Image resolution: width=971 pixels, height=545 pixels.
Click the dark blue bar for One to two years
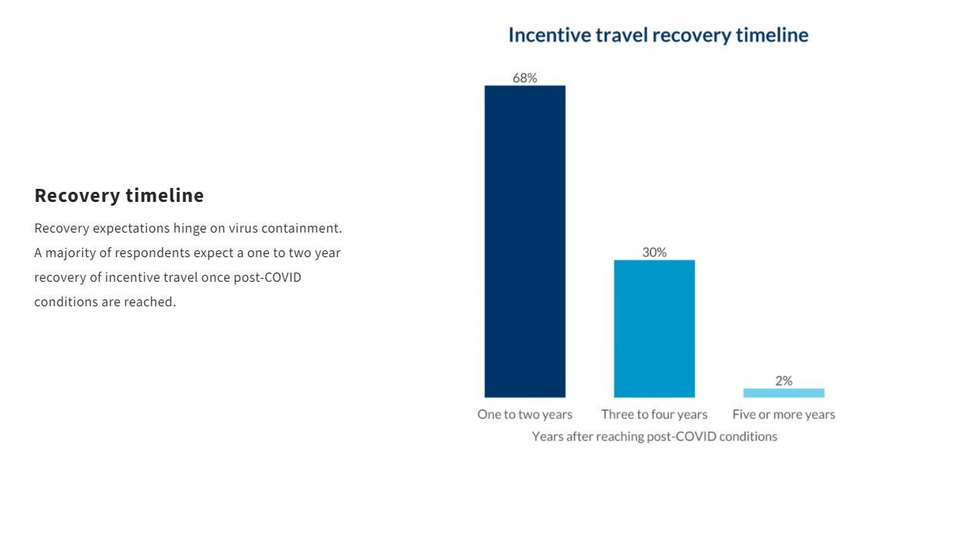click(525, 241)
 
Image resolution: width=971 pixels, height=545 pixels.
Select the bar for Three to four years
click(655, 329)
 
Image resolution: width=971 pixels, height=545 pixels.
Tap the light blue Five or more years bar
click(784, 393)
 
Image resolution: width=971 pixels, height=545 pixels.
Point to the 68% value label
click(525, 78)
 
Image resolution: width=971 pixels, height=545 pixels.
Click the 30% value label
click(655, 252)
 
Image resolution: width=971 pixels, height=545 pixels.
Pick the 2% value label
click(784, 381)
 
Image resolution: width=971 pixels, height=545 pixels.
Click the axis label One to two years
click(525, 415)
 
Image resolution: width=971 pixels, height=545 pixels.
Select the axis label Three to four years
click(655, 415)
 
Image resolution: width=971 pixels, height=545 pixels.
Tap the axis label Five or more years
click(784, 415)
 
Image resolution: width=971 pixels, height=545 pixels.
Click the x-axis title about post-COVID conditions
click(655, 437)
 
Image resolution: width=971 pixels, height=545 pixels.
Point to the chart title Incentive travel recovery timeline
click(658, 35)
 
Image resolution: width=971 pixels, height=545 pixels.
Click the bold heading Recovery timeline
click(119, 196)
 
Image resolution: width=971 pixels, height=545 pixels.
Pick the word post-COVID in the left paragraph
click(267, 278)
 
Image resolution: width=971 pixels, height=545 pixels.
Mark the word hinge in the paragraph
click(190, 229)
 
